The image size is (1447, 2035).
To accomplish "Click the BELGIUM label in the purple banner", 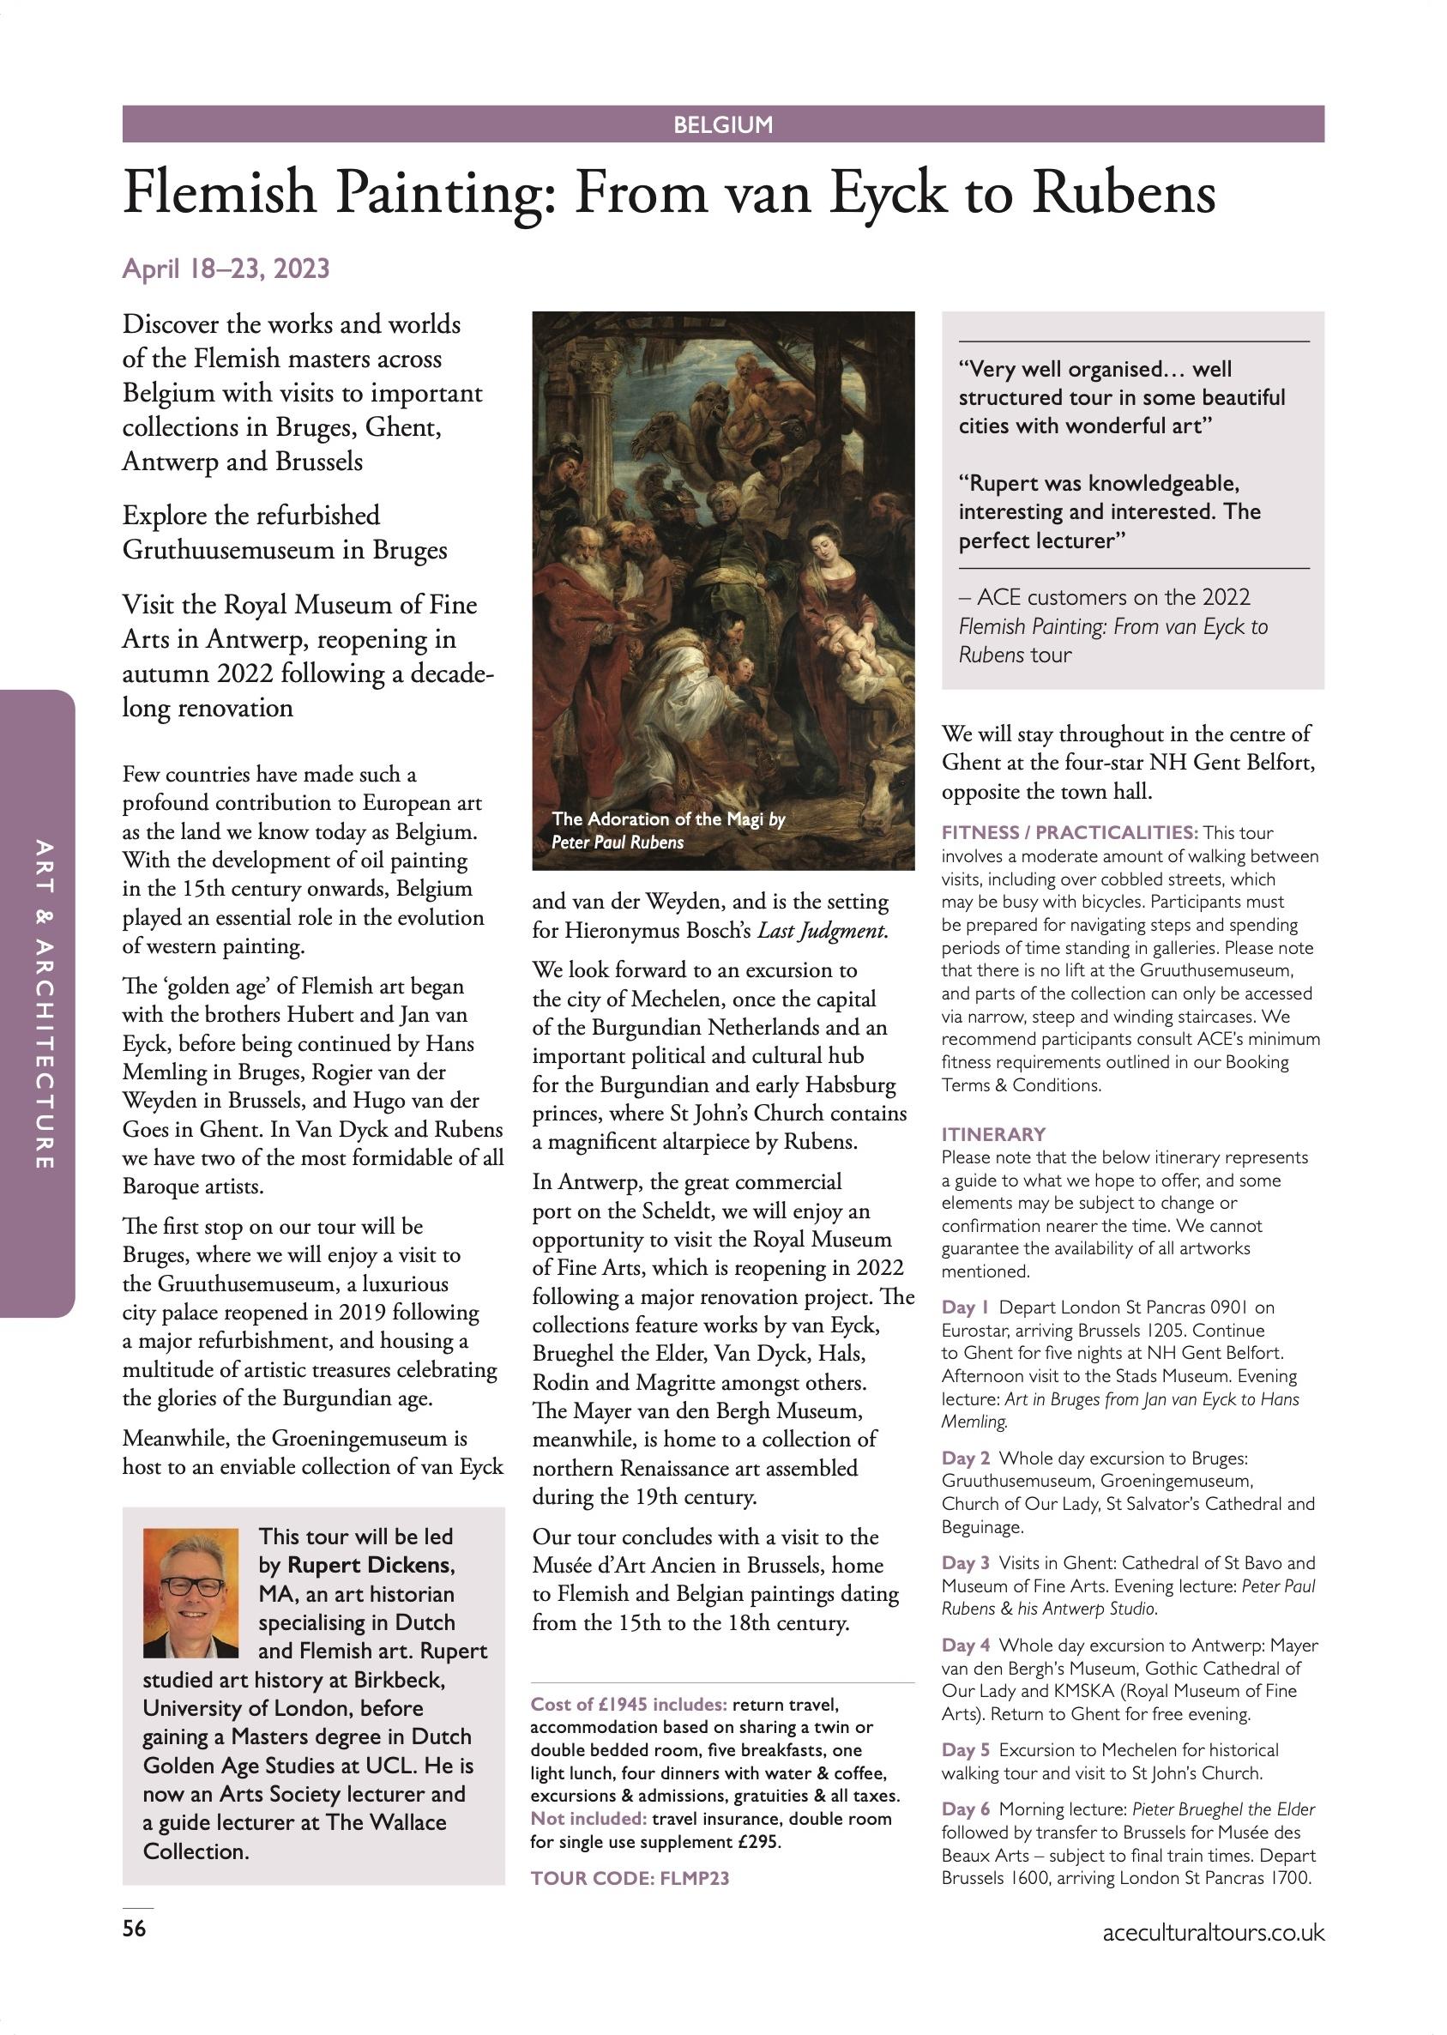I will pyautogui.click(x=722, y=124).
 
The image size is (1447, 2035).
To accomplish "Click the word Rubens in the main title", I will pyautogui.click(x=1124, y=193).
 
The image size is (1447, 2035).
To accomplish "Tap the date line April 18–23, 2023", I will pyautogui.click(x=226, y=269).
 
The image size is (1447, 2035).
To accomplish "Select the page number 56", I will pyautogui.click(x=134, y=1928).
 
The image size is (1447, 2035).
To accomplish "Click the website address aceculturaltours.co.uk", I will pyautogui.click(x=1213, y=1933).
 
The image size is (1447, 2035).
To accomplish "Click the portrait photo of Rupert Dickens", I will pyautogui.click(x=190, y=1593).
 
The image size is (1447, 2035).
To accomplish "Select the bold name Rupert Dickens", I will pyautogui.click(x=370, y=1566).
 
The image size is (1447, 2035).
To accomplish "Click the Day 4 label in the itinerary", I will pyautogui.click(x=965, y=1645).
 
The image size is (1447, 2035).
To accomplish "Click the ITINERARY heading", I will pyautogui.click(x=993, y=1134).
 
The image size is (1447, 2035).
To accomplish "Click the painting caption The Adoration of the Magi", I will pyautogui.click(x=658, y=818).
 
